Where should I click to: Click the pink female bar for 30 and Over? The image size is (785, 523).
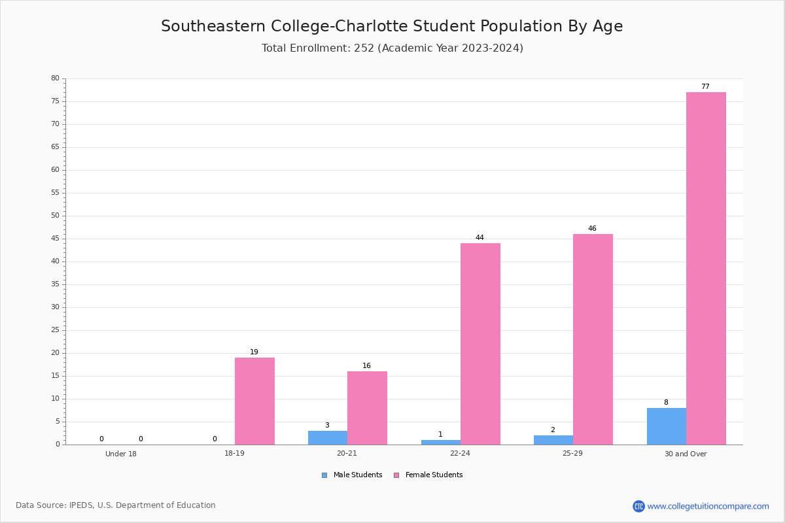click(706, 268)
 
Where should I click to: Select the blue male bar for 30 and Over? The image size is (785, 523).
click(667, 426)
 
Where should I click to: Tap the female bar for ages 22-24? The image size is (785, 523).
click(480, 344)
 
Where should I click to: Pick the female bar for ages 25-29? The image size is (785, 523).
click(593, 339)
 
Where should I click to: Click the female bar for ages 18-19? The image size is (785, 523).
click(254, 401)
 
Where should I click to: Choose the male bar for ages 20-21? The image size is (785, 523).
click(328, 438)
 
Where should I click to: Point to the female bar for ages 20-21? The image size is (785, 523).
click(367, 408)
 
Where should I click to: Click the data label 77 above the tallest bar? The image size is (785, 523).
click(705, 86)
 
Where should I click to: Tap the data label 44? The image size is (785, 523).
click(480, 237)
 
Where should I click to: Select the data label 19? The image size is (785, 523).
click(254, 352)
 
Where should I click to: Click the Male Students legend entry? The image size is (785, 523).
click(352, 475)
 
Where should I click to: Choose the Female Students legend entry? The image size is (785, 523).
click(428, 475)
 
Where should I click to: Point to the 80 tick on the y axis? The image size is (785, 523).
click(56, 78)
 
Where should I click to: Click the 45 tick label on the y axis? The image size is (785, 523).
click(56, 238)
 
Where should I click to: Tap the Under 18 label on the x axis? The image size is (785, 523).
click(121, 454)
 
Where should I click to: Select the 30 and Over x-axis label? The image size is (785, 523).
click(686, 454)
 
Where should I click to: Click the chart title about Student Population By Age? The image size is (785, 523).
click(392, 26)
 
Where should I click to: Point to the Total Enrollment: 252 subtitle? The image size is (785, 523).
click(392, 48)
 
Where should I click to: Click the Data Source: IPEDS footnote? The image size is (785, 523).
click(116, 505)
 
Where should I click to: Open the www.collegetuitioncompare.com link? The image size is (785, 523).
click(708, 506)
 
